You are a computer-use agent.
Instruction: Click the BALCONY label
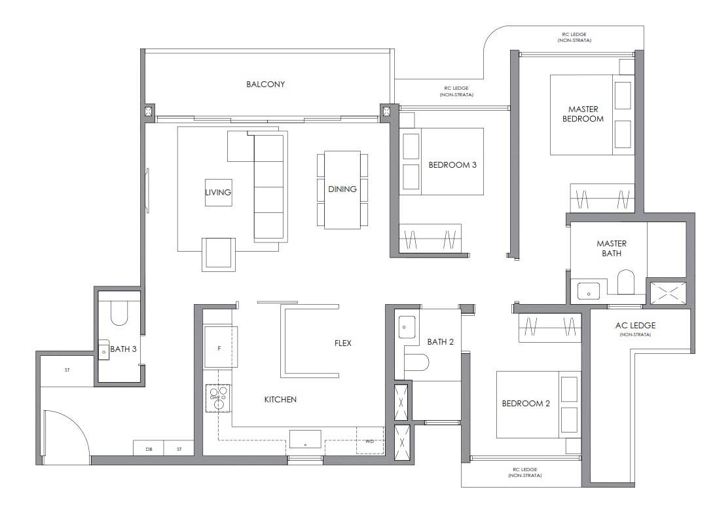(x=265, y=84)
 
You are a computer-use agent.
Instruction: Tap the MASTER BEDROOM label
(x=585, y=113)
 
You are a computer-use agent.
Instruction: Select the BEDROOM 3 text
(x=452, y=165)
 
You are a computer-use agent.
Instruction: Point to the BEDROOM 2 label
(x=526, y=404)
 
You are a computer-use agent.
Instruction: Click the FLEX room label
(x=342, y=343)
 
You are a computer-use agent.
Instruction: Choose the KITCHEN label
(x=280, y=399)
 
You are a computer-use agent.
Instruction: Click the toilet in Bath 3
(x=120, y=313)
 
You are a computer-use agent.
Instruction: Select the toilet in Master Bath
(x=627, y=282)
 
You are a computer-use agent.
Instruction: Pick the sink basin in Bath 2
(x=407, y=325)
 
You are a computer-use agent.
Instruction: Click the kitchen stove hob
(x=217, y=398)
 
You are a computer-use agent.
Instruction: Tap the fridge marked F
(x=219, y=348)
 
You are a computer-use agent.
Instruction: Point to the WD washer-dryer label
(x=369, y=441)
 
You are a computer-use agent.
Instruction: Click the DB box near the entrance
(x=149, y=449)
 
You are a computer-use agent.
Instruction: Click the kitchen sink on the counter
(x=305, y=440)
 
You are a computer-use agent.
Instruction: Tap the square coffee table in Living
(x=218, y=193)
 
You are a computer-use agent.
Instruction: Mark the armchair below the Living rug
(x=219, y=254)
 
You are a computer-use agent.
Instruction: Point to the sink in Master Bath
(x=587, y=288)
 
